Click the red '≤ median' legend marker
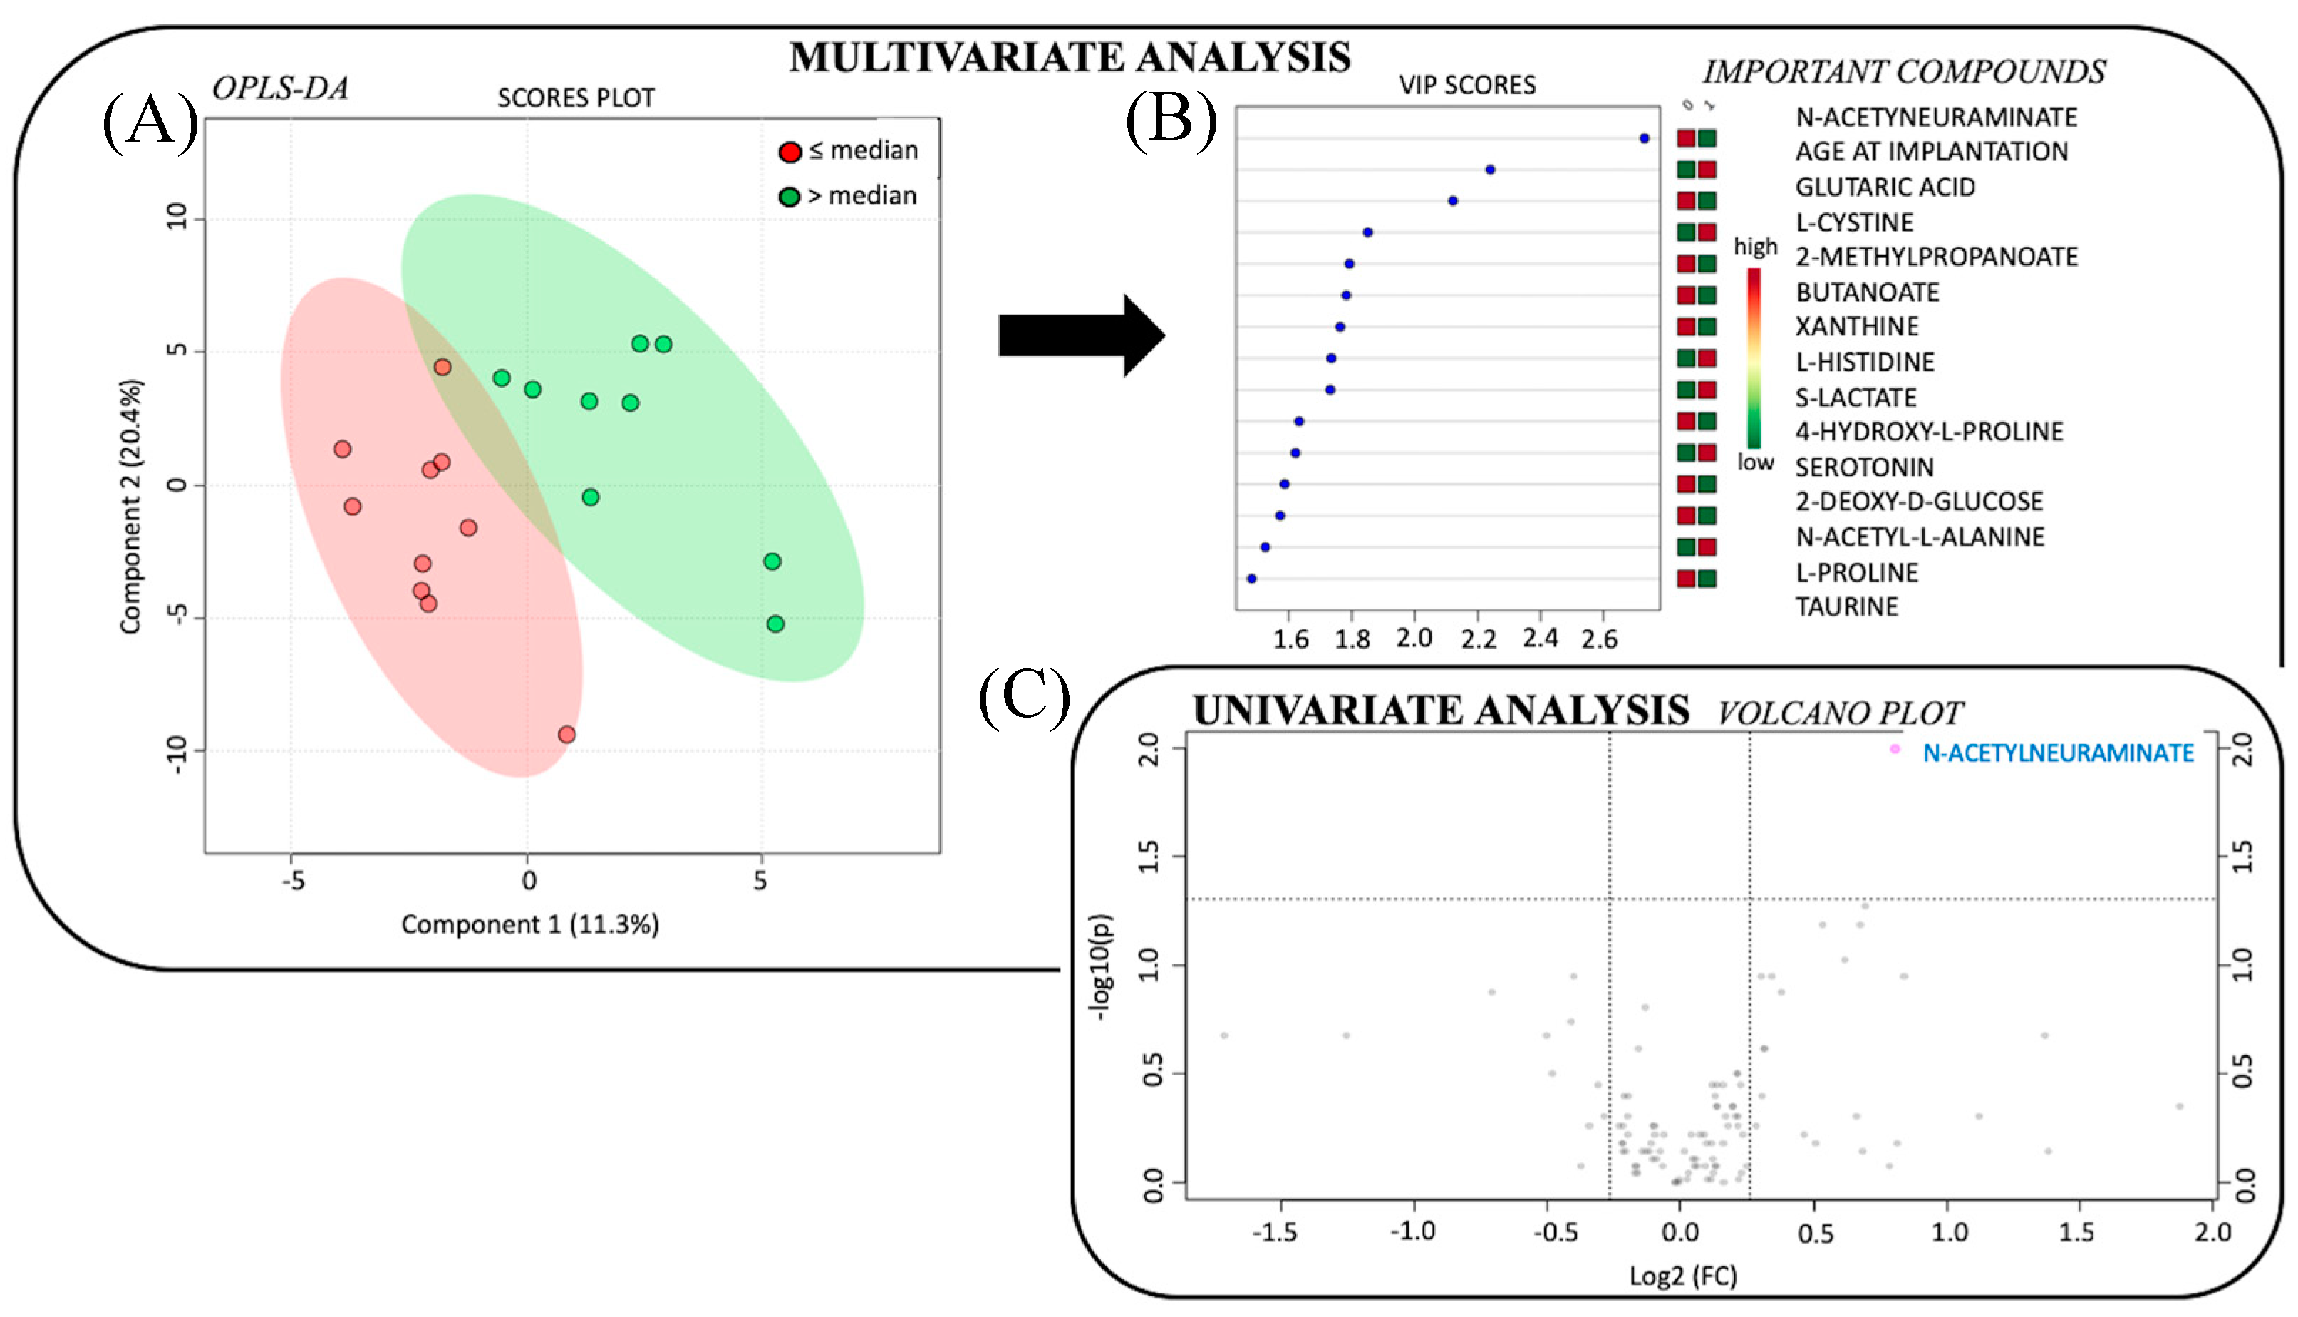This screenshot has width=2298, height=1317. (x=790, y=152)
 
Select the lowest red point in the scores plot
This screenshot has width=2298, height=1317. (x=566, y=735)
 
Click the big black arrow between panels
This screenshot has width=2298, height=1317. (x=1081, y=336)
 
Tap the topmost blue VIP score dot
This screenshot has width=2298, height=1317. (x=1644, y=138)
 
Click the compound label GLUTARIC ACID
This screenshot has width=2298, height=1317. (x=1885, y=187)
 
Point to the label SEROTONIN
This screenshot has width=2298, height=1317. (x=1864, y=468)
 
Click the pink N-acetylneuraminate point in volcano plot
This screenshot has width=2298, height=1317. (x=1895, y=749)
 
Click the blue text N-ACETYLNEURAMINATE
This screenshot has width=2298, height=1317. (x=2057, y=753)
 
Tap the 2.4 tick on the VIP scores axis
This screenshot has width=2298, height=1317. (x=1539, y=639)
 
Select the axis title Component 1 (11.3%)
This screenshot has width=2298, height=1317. (x=530, y=924)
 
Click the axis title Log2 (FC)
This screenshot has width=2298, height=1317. (x=1682, y=1276)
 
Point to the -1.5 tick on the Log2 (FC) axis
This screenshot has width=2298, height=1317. (x=1273, y=1232)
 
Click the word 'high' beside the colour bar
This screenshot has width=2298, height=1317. (x=1754, y=247)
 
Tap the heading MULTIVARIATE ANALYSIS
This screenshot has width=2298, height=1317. (x=1070, y=58)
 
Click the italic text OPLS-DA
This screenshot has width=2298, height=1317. (x=280, y=88)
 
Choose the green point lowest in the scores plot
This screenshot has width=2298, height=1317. (x=775, y=624)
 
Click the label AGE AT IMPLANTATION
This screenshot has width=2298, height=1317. (x=1931, y=152)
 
